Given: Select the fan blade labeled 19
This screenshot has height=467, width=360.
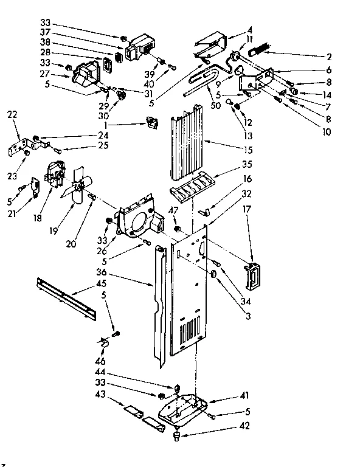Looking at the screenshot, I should (x=77, y=186).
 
